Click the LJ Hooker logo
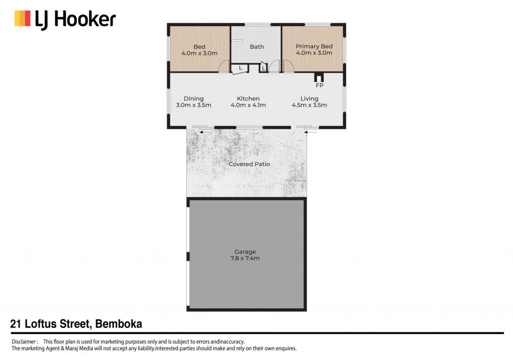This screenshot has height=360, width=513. [65, 20]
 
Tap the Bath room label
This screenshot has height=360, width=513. [257, 47]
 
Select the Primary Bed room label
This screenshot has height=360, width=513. [314, 47]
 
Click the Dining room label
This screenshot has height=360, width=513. [194, 99]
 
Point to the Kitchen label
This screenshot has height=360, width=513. [248, 99]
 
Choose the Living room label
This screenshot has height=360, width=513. [309, 99]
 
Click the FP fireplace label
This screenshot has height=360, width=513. [320, 86]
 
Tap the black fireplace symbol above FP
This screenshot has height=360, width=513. [319, 77]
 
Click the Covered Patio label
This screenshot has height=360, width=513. [249, 164]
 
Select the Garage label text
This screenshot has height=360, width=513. [245, 252]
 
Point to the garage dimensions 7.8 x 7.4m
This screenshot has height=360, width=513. [245, 258]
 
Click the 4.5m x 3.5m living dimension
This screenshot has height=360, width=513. [309, 105]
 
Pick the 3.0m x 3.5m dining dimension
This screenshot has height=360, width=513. [194, 105]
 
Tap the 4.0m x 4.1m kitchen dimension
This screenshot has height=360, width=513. [248, 105]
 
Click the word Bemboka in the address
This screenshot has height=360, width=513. [118, 324]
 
